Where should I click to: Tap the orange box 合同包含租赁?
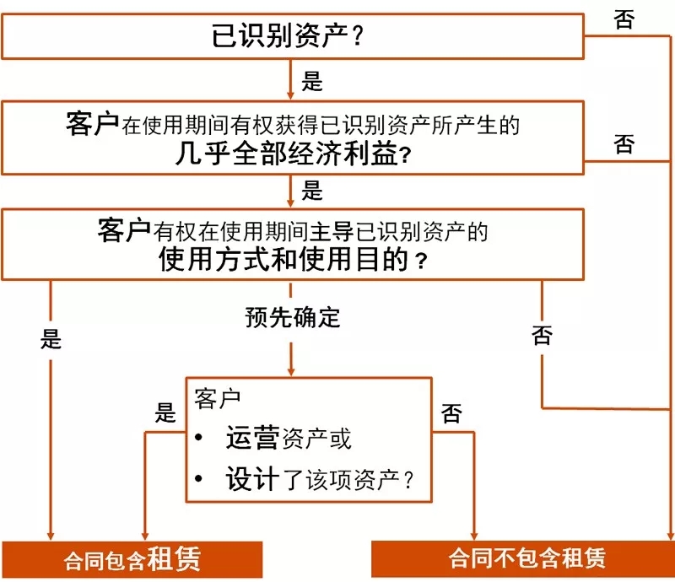point(132,559)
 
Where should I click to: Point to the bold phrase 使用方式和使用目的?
point(283,259)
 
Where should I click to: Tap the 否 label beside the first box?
point(624,20)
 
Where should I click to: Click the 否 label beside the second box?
point(624,144)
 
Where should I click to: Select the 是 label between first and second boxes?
point(312,82)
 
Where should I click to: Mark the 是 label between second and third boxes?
point(312,191)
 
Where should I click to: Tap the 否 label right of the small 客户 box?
point(452,413)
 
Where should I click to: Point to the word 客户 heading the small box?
point(217,397)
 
